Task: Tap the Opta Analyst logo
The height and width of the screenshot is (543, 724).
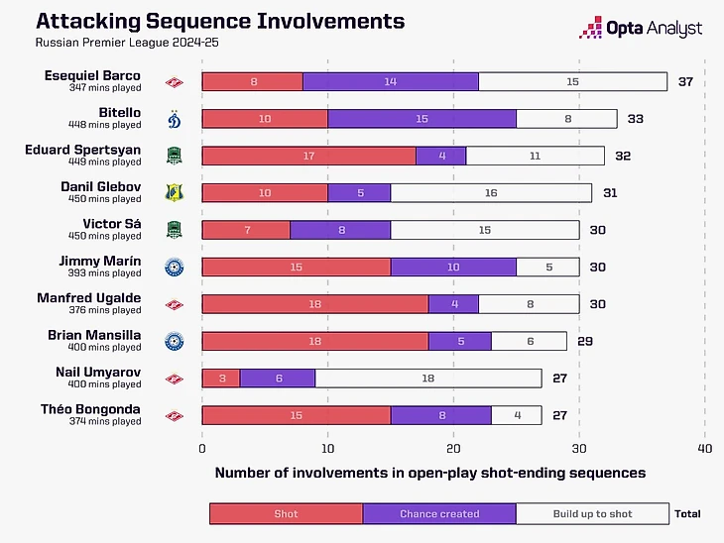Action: tap(641, 29)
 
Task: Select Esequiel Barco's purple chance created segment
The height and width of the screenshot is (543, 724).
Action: tap(390, 81)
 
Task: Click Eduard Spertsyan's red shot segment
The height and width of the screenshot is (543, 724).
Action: tap(308, 156)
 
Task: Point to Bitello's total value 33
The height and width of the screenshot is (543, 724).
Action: tap(636, 119)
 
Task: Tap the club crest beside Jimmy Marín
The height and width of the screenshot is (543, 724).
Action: tap(175, 267)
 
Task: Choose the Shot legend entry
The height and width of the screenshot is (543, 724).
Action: tap(286, 513)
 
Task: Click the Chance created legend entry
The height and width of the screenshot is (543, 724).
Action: tap(439, 513)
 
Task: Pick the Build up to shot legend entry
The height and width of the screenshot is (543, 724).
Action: tap(591, 513)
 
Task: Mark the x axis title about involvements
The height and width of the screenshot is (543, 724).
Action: tap(430, 473)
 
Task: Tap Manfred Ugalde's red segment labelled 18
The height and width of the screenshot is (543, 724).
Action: tap(314, 304)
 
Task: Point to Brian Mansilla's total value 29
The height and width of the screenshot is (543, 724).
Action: tap(586, 341)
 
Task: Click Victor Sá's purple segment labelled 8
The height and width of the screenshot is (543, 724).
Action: tap(340, 230)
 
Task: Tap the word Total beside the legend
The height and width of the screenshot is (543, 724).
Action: tap(687, 513)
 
